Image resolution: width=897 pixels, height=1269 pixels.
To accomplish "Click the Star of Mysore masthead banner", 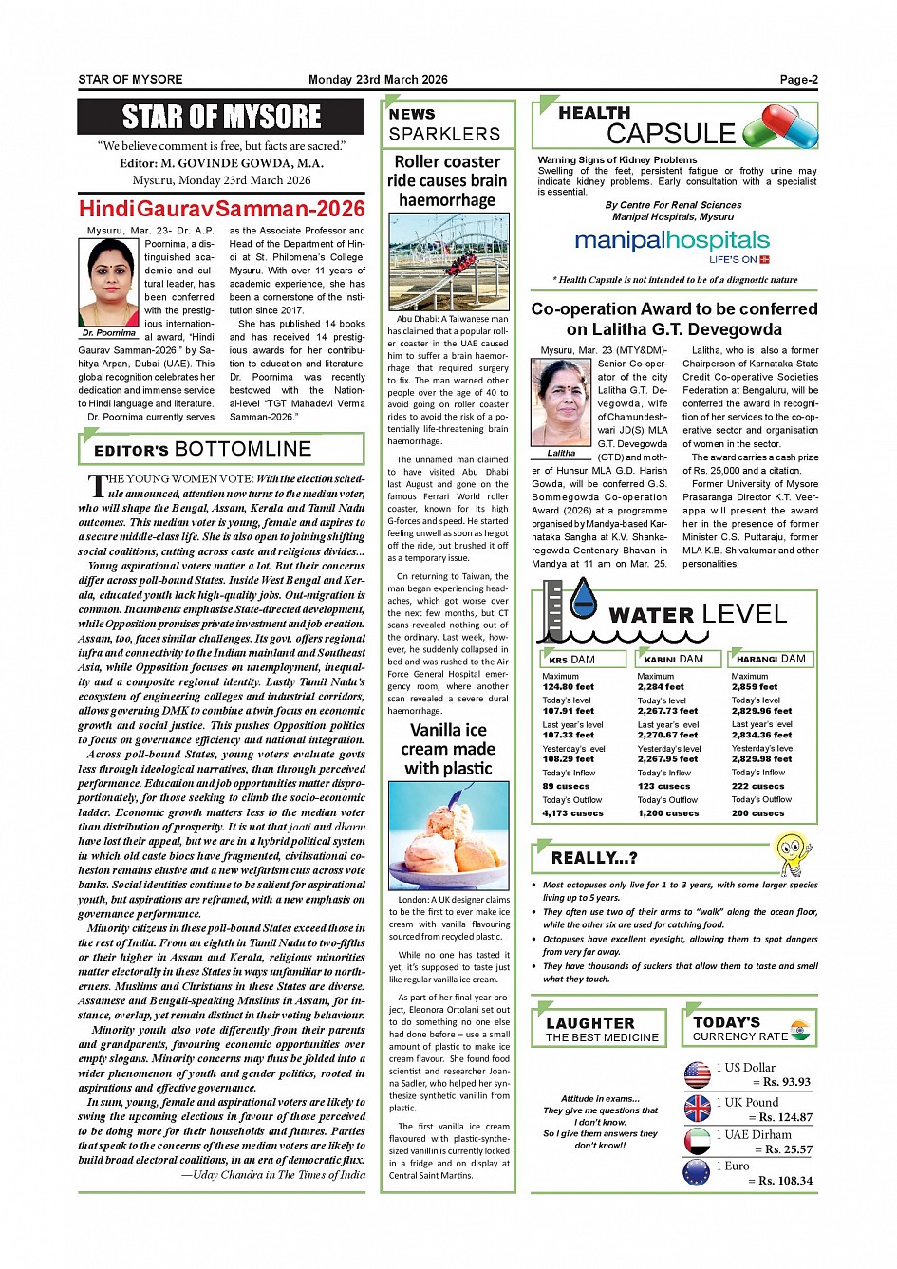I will point(221,117).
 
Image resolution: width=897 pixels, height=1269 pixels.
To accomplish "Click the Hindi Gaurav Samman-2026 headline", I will point(221,209).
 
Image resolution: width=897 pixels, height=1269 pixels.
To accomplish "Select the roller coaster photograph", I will point(449,262).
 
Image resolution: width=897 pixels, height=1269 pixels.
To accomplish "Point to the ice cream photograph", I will point(449,835).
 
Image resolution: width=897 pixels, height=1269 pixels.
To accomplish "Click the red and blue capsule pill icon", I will point(779,127).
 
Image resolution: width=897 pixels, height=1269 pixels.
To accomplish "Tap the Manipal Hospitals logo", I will point(672,243).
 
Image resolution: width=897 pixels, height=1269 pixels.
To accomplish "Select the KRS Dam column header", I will point(583,659).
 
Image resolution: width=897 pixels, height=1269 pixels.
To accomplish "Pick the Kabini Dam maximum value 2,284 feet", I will point(661,687).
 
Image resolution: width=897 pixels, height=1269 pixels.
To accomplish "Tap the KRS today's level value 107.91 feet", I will point(568,711).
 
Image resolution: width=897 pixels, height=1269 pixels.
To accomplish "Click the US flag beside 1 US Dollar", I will point(697,1073).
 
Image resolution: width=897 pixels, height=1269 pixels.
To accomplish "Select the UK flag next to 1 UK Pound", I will point(697,1108).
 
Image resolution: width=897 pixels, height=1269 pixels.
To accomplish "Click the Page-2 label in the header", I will point(798,80).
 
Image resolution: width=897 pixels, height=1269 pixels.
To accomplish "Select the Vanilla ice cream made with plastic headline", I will point(449,749).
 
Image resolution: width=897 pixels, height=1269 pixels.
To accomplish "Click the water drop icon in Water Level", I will point(583,597).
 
